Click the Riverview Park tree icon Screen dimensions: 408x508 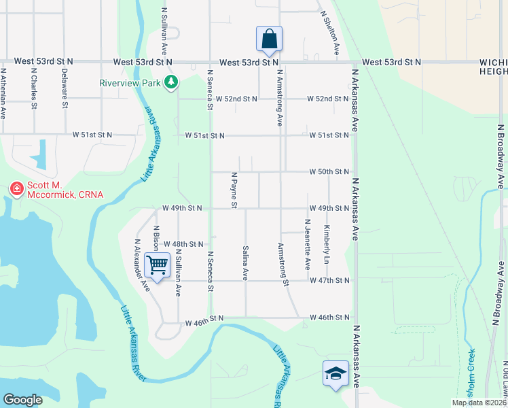pyautogui.click(x=172, y=82)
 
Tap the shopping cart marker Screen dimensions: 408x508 pyautogui.click(x=158, y=265)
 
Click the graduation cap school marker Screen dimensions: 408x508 pyautogui.click(x=335, y=373)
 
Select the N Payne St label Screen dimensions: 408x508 pyautogui.click(x=234, y=190)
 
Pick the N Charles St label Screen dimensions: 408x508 pyautogui.click(x=33, y=88)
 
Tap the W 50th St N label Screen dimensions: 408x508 pyautogui.click(x=329, y=171)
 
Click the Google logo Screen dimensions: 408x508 pyautogui.click(x=22, y=400)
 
